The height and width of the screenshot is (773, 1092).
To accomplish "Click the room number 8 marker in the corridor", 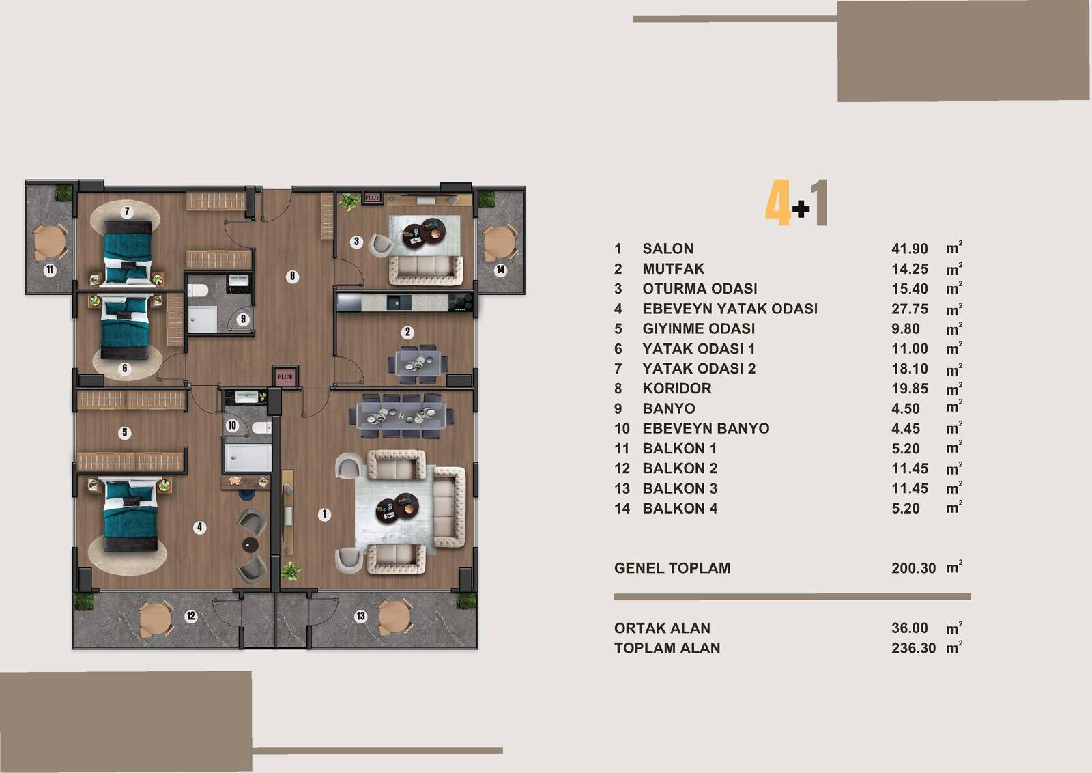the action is tap(292, 277).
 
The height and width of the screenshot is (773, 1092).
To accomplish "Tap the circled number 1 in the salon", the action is tap(324, 514).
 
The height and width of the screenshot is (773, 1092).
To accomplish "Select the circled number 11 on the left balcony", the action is tap(50, 270).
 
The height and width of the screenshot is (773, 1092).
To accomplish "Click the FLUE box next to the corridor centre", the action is tap(285, 376).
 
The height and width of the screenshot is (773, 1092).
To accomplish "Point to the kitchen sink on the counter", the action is tap(399, 303).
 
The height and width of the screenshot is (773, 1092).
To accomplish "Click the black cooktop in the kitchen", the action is tap(460, 302).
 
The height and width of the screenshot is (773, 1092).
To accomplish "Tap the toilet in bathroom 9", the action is tap(198, 291).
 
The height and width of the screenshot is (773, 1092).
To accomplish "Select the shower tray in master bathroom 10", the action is tap(248, 458).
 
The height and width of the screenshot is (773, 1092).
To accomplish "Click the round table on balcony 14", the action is tap(499, 242).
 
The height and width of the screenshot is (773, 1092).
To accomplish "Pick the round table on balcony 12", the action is tap(156, 619).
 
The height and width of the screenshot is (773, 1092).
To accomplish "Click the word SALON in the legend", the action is tap(667, 249).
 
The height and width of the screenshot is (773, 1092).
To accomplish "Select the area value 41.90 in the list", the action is tap(909, 249).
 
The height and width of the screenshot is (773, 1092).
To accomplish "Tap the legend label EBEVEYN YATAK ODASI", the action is tap(730, 309).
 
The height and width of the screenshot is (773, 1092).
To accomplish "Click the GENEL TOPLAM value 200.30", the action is tap(914, 568).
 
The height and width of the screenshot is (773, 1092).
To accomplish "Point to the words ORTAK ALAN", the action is tap(662, 628).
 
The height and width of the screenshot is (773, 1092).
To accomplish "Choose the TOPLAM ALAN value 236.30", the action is tap(914, 648).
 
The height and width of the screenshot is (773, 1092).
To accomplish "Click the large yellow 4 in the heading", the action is tap(777, 202).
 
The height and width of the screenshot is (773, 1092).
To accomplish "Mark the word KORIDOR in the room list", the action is tap(676, 389).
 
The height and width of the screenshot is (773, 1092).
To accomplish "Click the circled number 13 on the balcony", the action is tap(360, 616).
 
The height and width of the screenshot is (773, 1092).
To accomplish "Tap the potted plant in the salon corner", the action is tap(290, 571).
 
